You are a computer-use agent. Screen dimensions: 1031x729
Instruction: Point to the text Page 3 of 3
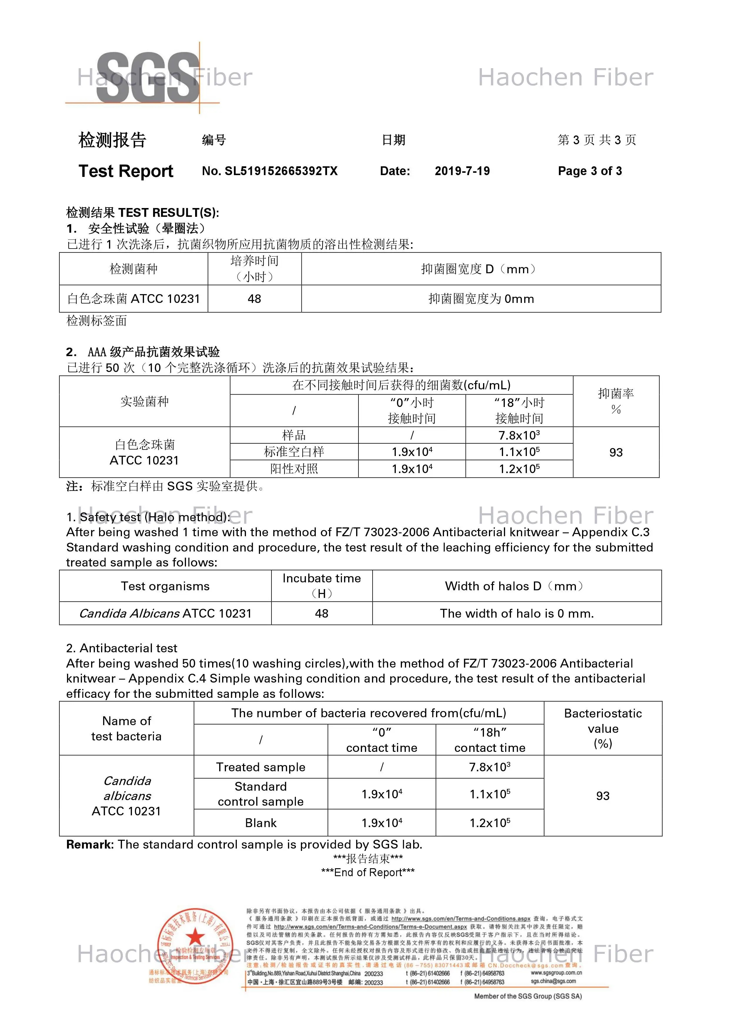[x=589, y=171]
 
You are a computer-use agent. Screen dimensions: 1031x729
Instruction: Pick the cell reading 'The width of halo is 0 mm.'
[x=517, y=613]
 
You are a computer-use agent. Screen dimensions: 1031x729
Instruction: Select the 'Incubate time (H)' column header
[x=322, y=586]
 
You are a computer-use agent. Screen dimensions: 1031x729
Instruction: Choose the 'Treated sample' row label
[x=261, y=767]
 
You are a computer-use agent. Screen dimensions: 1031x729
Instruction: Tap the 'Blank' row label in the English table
[x=261, y=823]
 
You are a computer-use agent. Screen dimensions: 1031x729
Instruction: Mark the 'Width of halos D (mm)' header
[x=517, y=586]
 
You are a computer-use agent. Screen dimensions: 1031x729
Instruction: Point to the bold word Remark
[x=90, y=845]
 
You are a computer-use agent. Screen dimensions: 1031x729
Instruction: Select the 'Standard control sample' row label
[x=261, y=794]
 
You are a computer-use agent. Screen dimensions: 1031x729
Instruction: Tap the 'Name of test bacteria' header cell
[x=126, y=728]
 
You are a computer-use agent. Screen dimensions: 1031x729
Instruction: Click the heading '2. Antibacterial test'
[x=122, y=648]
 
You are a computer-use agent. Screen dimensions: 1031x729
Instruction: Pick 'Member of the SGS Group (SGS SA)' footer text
[x=528, y=996]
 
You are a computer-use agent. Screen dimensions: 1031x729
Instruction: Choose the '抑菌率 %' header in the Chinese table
[x=616, y=401]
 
